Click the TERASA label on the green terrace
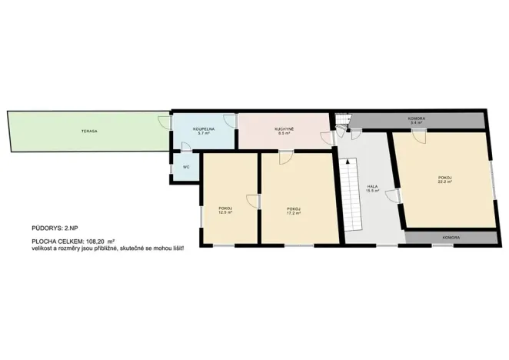(x=88, y=132)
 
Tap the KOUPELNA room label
(x=204, y=129)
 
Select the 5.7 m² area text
(x=204, y=134)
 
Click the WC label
(x=185, y=167)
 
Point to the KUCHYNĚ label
(x=284, y=128)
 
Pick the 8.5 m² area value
(x=284, y=134)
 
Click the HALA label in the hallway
(x=372, y=186)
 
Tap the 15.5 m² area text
(x=372, y=191)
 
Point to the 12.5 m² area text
(x=225, y=213)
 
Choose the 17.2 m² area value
(x=293, y=213)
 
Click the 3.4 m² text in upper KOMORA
(x=417, y=123)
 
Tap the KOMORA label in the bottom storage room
(x=451, y=238)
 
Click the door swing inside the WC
(x=186, y=148)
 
